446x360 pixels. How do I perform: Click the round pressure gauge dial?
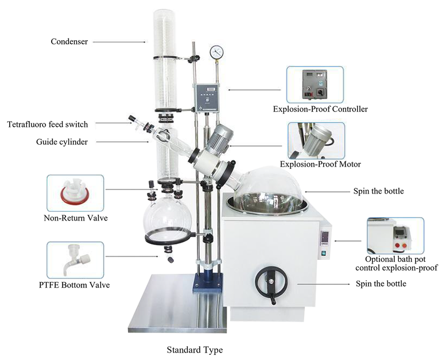(x=217, y=52)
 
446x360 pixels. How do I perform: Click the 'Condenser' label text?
(x=69, y=41)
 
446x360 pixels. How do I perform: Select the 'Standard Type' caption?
(x=195, y=350)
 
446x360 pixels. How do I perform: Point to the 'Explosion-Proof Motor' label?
(x=320, y=164)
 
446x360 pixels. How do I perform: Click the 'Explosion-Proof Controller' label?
(x=320, y=109)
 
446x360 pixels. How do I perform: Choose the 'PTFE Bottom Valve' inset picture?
(x=75, y=260)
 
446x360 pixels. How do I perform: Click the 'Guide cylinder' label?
(x=62, y=142)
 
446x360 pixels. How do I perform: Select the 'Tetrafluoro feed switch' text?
(x=48, y=125)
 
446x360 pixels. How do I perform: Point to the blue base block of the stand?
(x=208, y=284)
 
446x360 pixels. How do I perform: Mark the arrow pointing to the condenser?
(x=119, y=42)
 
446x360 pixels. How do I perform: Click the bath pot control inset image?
(x=395, y=236)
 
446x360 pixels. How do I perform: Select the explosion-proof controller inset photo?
(x=315, y=85)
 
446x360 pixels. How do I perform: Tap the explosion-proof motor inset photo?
(x=316, y=141)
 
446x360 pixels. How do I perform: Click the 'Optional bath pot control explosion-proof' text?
(x=396, y=264)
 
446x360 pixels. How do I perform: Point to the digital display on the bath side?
(x=324, y=235)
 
